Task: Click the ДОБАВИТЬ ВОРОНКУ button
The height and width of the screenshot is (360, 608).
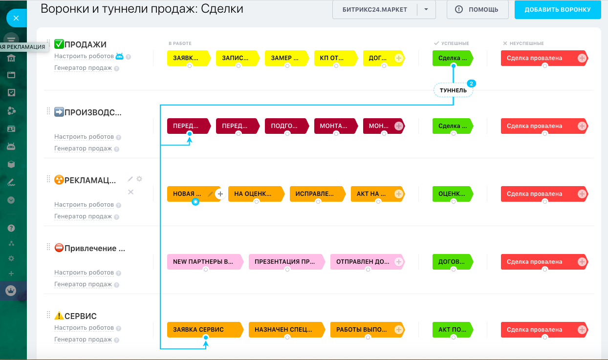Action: tap(557, 10)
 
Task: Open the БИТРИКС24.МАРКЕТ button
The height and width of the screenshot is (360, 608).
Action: tap(375, 10)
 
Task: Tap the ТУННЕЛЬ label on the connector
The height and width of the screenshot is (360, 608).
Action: tap(453, 90)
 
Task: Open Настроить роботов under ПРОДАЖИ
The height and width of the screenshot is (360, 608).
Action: tap(84, 56)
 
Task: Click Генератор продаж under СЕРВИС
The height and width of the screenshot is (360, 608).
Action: tap(83, 339)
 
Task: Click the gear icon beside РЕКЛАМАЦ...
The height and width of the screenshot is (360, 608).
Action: tap(139, 179)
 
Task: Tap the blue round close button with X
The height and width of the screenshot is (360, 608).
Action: tap(16, 18)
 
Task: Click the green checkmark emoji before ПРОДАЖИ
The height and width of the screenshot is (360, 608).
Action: tap(59, 44)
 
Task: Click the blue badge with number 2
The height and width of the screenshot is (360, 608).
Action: tap(471, 83)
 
